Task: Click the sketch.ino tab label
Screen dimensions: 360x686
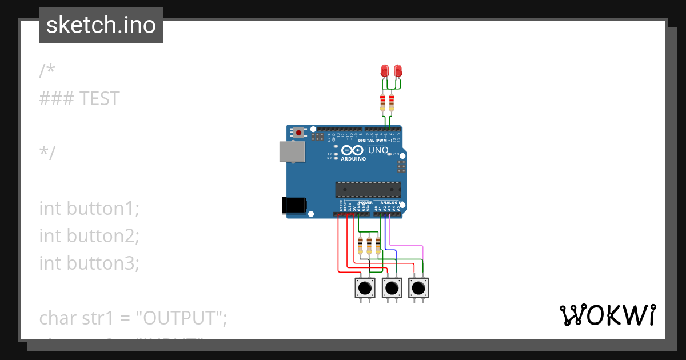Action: tap(101, 25)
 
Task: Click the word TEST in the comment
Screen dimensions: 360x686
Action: tap(99, 99)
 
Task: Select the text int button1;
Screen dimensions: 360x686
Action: tap(89, 209)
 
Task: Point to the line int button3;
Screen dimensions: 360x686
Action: tap(89, 263)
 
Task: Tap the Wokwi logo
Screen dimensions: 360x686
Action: tap(607, 315)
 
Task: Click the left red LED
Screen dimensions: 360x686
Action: tap(385, 71)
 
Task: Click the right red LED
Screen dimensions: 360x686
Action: tap(398, 71)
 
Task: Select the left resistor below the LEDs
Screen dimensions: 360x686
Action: tap(383, 103)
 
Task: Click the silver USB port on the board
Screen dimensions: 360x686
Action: tap(292, 151)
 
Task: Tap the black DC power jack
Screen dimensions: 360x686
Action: tap(294, 206)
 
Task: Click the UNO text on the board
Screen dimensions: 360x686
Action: tap(378, 150)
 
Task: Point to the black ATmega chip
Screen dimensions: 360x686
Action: tap(368, 189)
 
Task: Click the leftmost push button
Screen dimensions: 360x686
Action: tap(364, 287)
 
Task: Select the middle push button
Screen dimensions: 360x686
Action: tap(392, 287)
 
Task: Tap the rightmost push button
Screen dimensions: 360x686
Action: tap(418, 287)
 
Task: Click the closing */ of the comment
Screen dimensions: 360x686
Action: tap(47, 154)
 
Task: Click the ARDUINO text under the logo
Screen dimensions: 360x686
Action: tap(353, 159)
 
